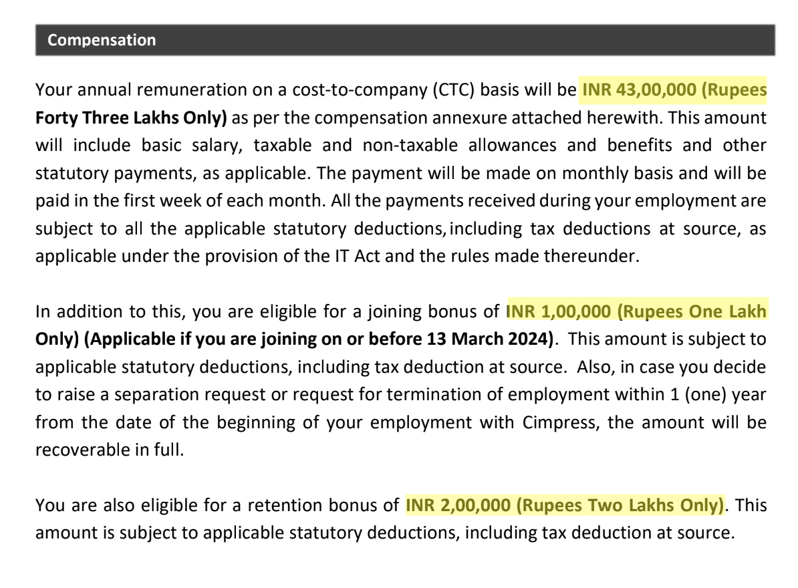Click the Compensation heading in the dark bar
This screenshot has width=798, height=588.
click(102, 40)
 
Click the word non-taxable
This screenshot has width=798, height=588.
click(404, 146)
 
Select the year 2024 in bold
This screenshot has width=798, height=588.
click(531, 339)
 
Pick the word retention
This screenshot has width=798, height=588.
click(285, 504)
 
